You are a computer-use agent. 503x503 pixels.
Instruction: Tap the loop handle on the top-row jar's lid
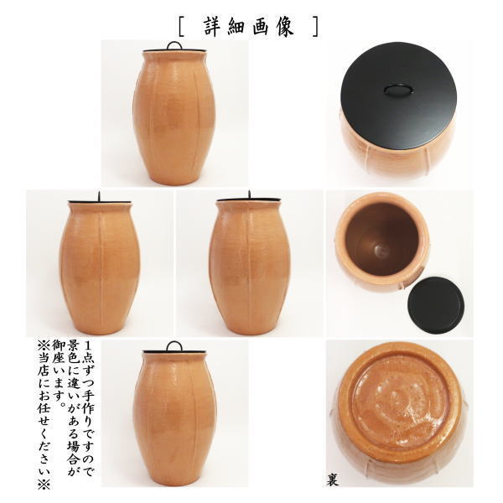[x=174, y=45]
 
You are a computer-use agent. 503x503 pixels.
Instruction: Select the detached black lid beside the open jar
[x=435, y=304]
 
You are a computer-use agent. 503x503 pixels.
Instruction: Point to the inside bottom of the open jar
[x=379, y=249]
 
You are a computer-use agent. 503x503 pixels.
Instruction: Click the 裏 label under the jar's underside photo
[x=333, y=480]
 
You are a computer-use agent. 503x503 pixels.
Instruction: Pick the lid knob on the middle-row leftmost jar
[x=98, y=196]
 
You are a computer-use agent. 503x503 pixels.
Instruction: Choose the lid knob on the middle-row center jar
[x=249, y=196]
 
